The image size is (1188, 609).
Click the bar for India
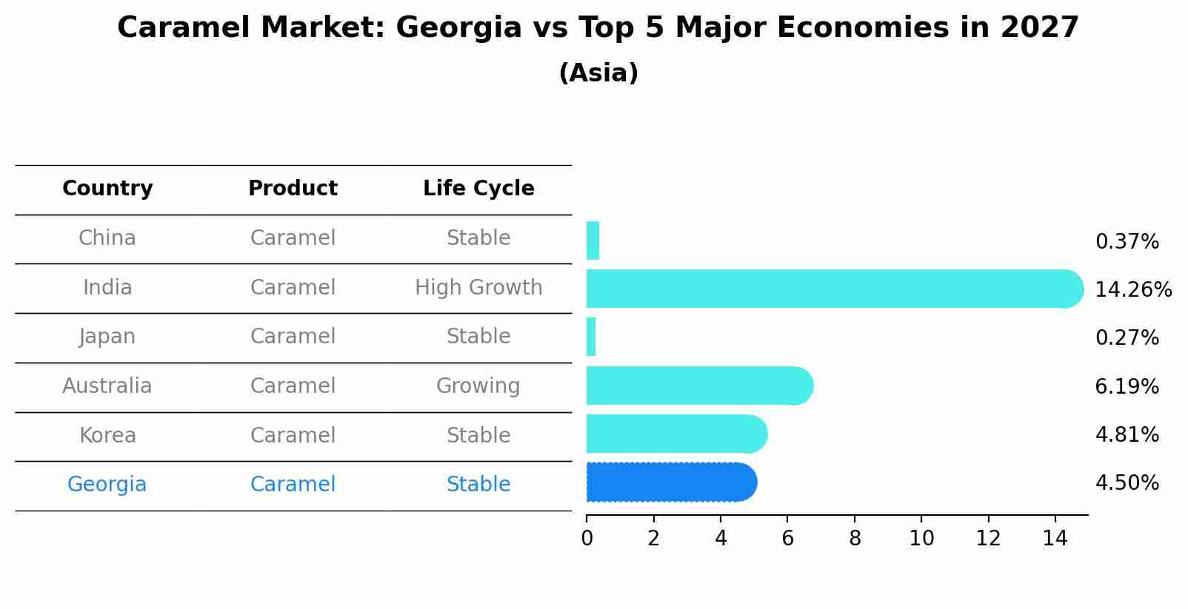[830, 289]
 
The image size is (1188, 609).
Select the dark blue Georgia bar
[667, 482]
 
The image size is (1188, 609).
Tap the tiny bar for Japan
[591, 337]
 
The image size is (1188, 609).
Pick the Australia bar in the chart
[696, 386]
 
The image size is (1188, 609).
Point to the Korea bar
[674, 434]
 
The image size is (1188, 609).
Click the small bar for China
[593, 240]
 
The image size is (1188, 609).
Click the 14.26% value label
[1133, 290]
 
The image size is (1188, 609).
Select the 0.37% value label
[1127, 242]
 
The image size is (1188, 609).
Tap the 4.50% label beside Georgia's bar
[1127, 483]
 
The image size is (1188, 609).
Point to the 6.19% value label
[1127, 387]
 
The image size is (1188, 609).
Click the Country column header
[107, 189]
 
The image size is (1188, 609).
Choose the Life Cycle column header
[478, 189]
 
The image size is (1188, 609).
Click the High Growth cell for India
[478, 288]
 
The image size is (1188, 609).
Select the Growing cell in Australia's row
[478, 386]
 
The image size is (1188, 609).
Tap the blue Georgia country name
[107, 485]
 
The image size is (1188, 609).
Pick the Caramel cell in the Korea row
[293, 436]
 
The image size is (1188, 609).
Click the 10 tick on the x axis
[921, 539]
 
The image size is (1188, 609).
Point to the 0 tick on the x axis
[587, 539]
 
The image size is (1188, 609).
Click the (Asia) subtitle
[598, 73]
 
